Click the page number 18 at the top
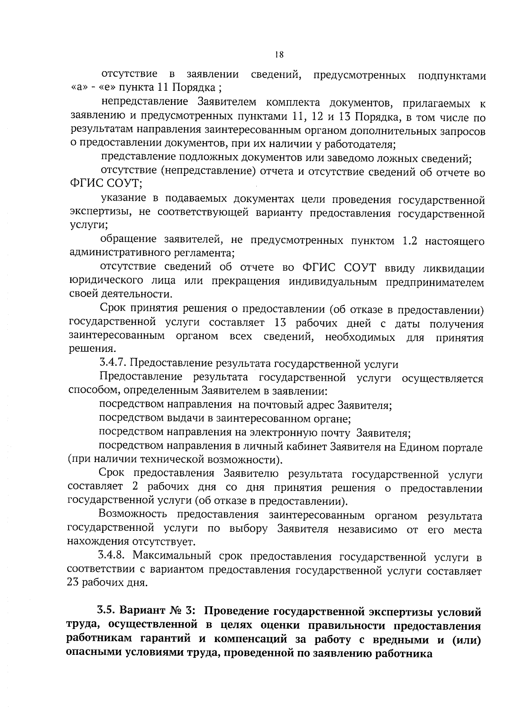coord(279,55)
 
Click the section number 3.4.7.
coord(112,364)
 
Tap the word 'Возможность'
coord(134,516)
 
